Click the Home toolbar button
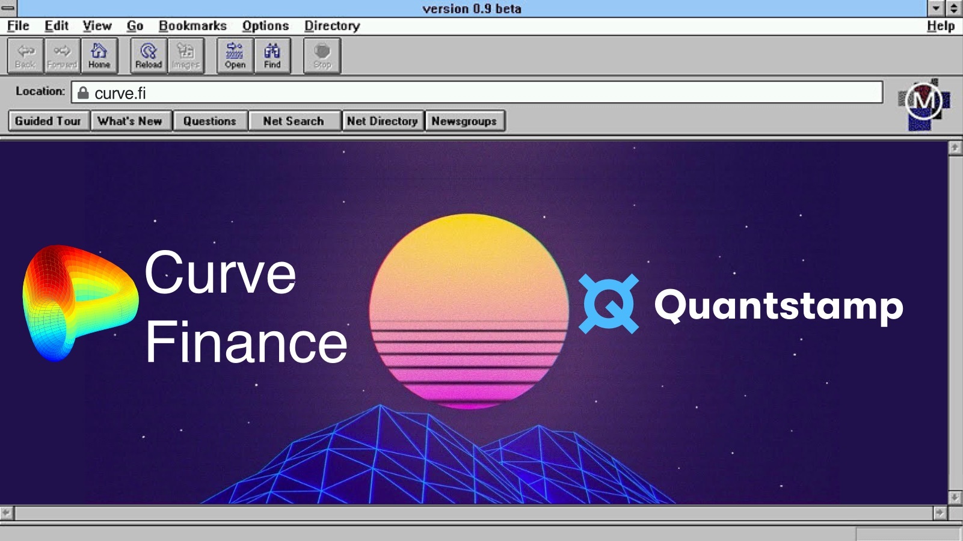[x=99, y=56]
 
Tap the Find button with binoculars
[x=272, y=56]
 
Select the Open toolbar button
[x=235, y=56]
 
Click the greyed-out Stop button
[x=322, y=56]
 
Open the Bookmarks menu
[x=192, y=26]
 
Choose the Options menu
[x=265, y=26]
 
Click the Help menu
[x=940, y=26]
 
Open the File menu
[x=18, y=26]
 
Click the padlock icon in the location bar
[x=83, y=93]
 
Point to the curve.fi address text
[x=120, y=93]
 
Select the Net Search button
[x=294, y=121]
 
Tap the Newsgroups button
[x=464, y=121]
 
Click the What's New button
[x=130, y=121]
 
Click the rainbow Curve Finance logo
[x=78, y=301]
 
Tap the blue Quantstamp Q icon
[x=608, y=304]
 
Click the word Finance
[x=246, y=342]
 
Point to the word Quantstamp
[x=778, y=305]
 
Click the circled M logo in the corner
[x=923, y=101]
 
